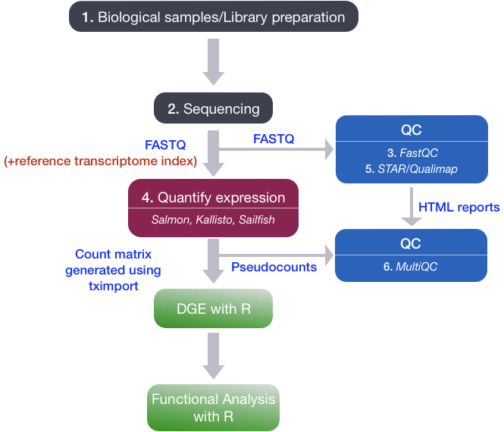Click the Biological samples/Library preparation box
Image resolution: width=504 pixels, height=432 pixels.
214,17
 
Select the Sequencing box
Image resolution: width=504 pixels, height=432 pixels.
214,108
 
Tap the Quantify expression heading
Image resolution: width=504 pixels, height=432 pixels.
214,199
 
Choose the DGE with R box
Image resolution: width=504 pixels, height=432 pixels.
214,309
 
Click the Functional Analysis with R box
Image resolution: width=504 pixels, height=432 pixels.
214,406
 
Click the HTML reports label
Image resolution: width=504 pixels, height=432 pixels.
459,207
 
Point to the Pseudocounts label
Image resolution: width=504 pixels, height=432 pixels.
274,267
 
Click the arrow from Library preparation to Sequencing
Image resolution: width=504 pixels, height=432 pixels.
214,64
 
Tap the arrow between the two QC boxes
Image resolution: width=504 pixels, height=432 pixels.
410,207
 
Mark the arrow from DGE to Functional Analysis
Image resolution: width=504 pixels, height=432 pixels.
214,356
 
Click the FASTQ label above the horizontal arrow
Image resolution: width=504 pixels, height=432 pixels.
273,139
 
